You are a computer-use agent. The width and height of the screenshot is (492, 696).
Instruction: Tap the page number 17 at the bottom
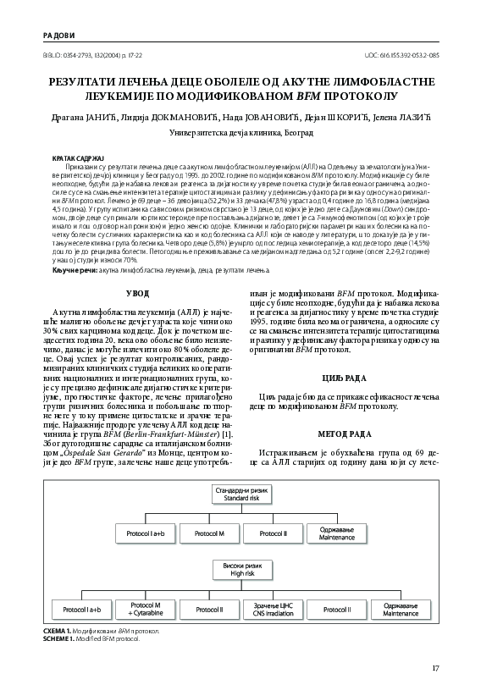pos(435,669)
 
